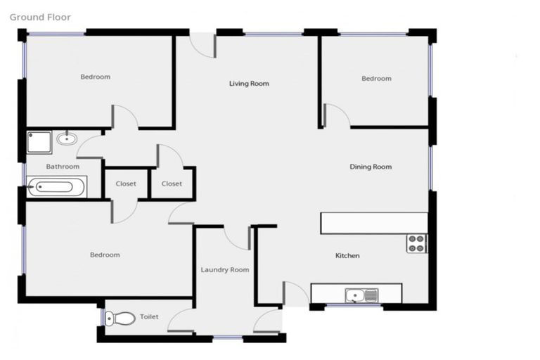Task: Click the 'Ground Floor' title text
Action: coord(40,17)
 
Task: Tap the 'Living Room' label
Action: coord(249,84)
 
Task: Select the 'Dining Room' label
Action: coord(371,167)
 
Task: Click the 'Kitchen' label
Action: coord(347,255)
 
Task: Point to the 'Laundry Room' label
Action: coord(224,270)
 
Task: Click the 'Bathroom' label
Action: coord(63,167)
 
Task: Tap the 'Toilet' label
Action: coord(149,317)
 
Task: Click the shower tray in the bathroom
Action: coord(39,143)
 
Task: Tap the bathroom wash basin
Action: coord(67,138)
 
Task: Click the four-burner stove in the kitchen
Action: coord(416,243)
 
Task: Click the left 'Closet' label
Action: coord(126,184)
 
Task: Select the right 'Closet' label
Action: coord(172,184)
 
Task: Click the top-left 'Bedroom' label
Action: coord(95,77)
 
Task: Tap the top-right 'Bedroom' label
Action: coord(376,79)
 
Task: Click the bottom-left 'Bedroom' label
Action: coord(105,255)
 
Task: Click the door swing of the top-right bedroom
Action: coord(335,115)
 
